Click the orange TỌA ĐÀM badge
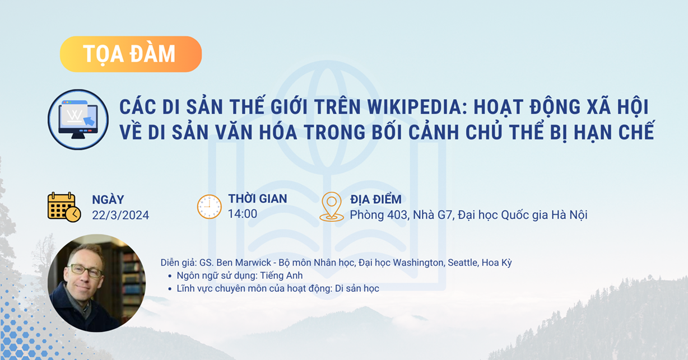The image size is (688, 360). tap(131, 54)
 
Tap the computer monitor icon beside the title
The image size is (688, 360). tap(78, 119)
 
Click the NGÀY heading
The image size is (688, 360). tap(108, 199)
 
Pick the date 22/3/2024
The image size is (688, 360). tap(120, 216)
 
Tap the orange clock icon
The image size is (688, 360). tap(210, 207)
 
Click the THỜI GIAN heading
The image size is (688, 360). tap(257, 199)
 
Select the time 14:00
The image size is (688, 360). tap(243, 213)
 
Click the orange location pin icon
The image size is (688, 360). tap(331, 206)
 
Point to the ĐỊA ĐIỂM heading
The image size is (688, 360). tap(375, 199)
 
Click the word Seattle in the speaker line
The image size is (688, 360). tap(463, 263)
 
